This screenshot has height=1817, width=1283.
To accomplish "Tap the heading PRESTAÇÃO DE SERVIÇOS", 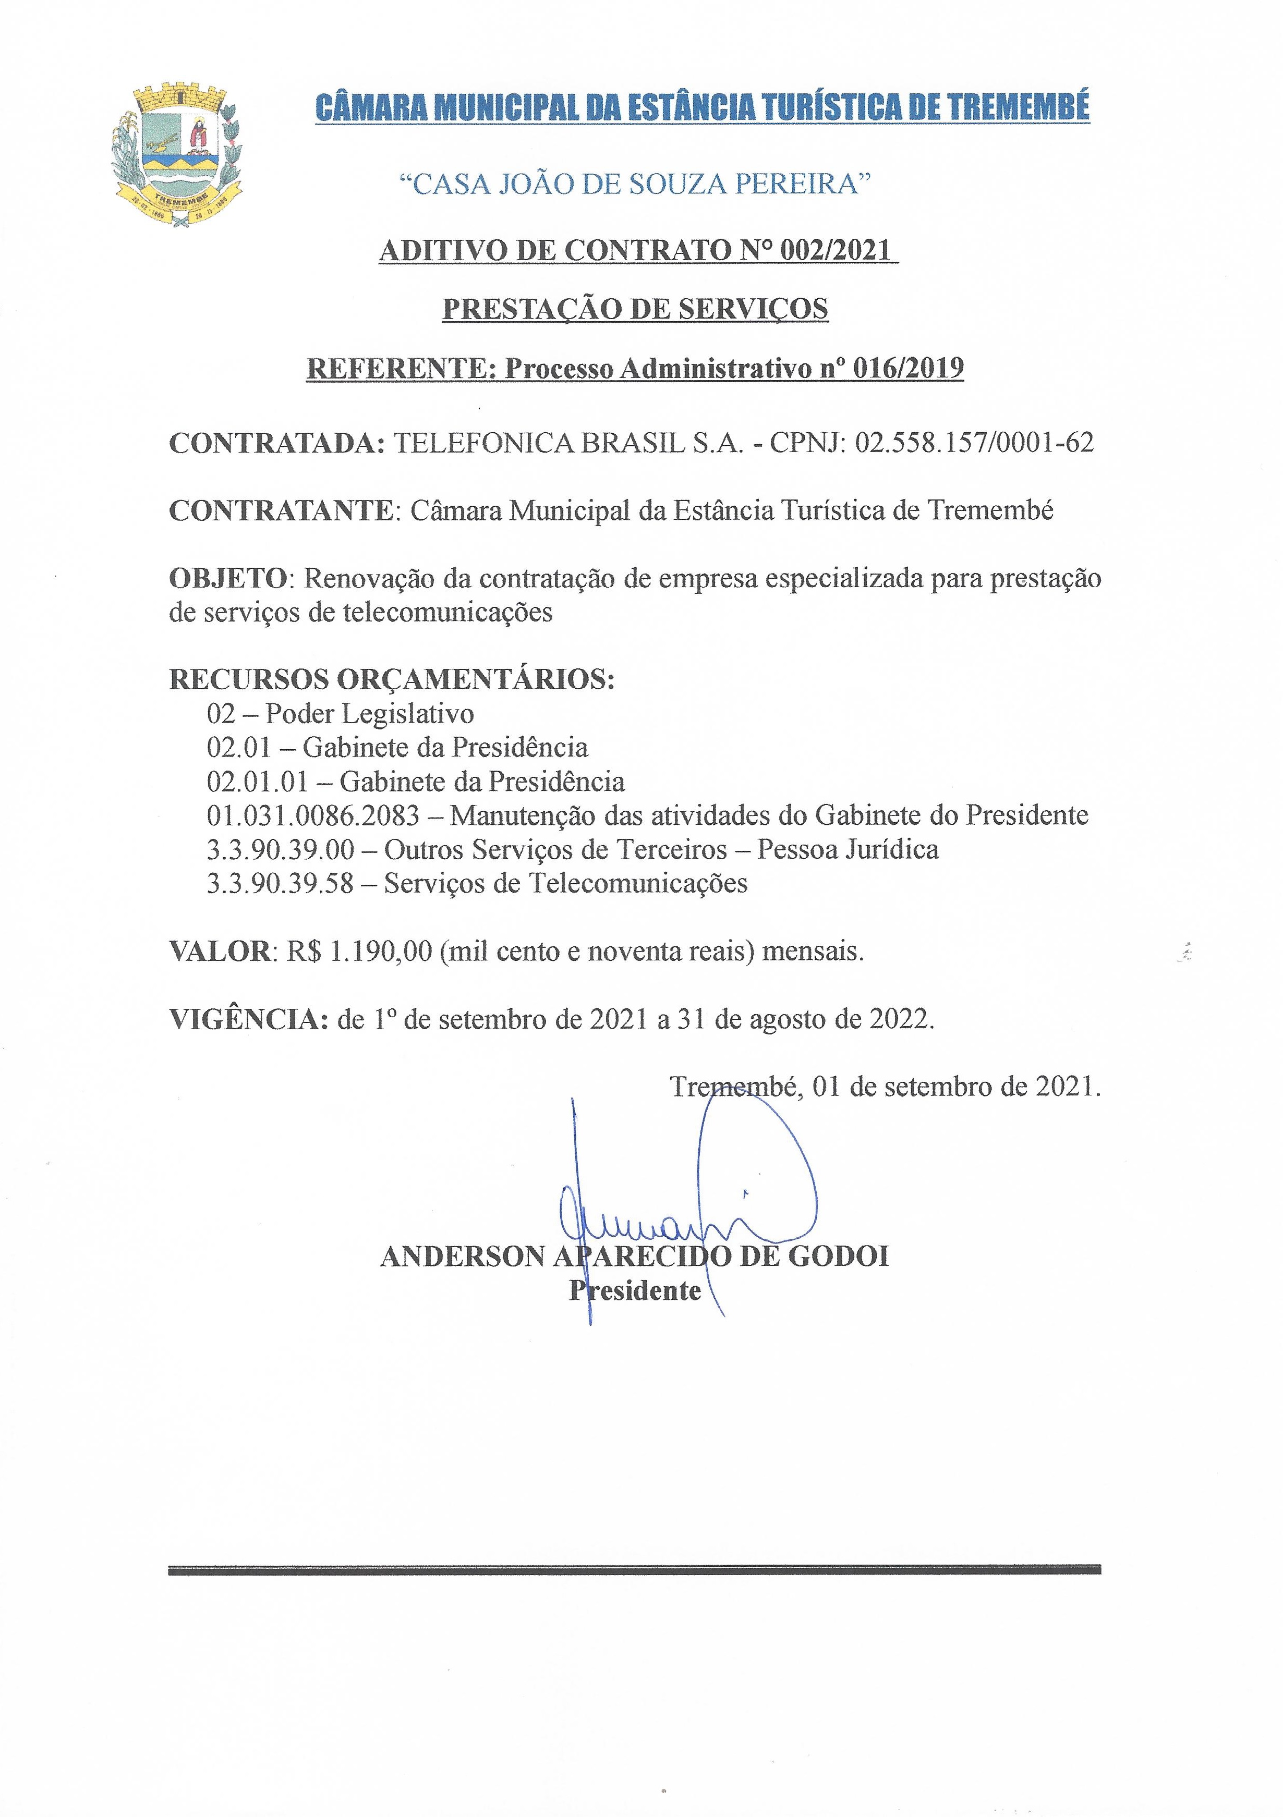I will coord(635,309).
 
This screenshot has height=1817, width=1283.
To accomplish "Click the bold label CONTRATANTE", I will coord(282,510).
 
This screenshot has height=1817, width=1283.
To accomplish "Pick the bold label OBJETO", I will coord(228,579).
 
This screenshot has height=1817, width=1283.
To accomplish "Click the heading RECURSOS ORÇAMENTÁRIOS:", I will coord(392,679).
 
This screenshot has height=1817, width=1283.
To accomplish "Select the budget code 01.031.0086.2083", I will coord(312,815).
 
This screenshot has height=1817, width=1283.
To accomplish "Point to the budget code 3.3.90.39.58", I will coord(280,883).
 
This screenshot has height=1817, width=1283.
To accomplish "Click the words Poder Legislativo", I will coord(370,714).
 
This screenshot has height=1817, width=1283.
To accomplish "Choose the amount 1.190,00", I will coord(381,951).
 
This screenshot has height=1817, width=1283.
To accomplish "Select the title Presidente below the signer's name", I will coord(636,1291).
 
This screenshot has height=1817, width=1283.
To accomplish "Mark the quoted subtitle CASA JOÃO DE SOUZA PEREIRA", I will coord(634,184).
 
